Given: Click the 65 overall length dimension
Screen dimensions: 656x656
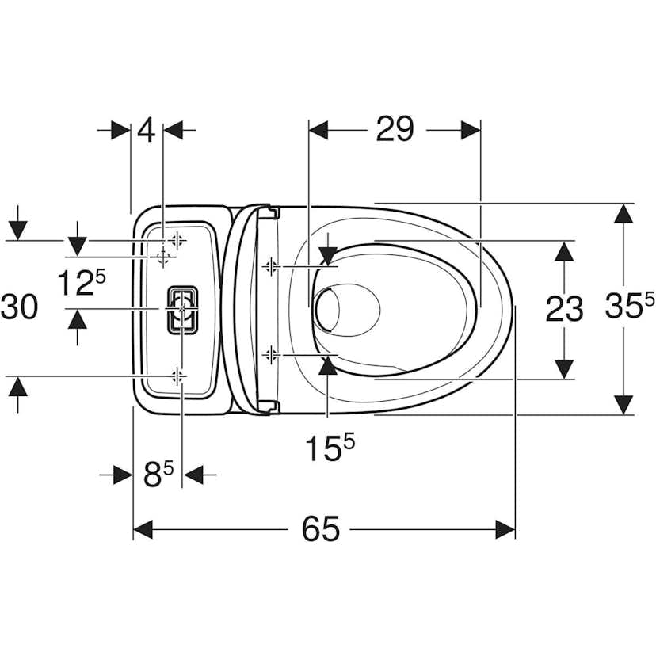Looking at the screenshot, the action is [320, 528].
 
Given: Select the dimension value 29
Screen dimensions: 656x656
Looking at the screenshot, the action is [395, 129].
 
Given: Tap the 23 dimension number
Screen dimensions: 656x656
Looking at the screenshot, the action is [564, 309].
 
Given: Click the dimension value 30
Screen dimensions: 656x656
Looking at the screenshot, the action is [19, 307].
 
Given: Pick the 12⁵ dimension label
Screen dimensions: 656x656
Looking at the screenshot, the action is [81, 282].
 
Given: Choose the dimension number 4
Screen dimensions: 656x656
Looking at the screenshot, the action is [147, 129].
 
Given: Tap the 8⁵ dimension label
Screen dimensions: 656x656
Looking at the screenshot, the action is [158, 475].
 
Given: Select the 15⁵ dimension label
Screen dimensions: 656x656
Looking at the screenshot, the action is [330, 448].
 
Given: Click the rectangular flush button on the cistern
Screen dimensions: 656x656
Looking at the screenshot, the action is [182, 310].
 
